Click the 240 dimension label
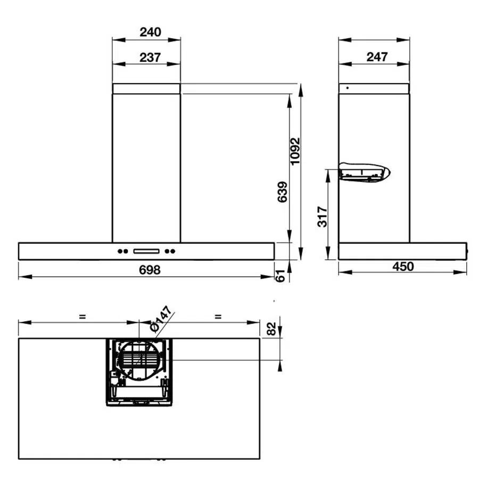150,32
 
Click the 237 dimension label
150,57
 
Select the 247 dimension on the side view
377,57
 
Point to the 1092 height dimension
295,152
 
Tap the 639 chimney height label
282,192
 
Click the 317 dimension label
323,217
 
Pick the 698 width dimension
150,270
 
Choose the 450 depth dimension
403,267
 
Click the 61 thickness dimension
280,276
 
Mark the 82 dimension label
271,329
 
